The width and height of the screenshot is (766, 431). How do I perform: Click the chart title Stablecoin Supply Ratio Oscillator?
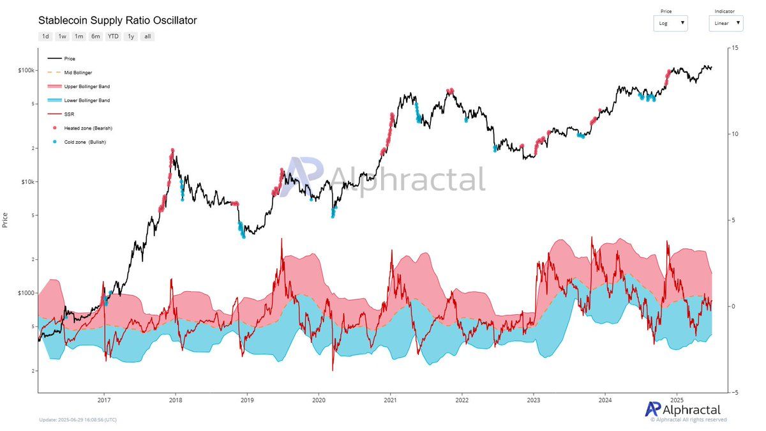tap(117, 20)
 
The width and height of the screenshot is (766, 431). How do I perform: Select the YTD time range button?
tap(113, 36)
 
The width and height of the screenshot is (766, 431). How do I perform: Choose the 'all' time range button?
tap(147, 36)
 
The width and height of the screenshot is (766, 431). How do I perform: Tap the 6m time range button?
tap(96, 36)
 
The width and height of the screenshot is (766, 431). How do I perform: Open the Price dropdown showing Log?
tap(670, 23)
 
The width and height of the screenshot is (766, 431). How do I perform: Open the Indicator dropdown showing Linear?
tap(726, 23)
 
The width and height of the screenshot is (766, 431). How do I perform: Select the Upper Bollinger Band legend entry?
tap(86, 86)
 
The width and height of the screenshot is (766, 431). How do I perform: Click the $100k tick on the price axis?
tap(26, 70)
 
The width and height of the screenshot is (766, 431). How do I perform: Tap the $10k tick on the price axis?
tap(27, 182)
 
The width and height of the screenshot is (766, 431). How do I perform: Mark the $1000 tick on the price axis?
tap(26, 293)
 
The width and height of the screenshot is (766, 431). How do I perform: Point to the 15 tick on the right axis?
tap(735, 48)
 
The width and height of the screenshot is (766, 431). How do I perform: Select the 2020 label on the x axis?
tap(319, 401)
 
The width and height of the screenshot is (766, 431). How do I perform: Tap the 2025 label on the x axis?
tap(677, 401)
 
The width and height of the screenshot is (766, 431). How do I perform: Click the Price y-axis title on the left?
tap(6, 220)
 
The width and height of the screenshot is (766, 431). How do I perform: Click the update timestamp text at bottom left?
tap(77, 420)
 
